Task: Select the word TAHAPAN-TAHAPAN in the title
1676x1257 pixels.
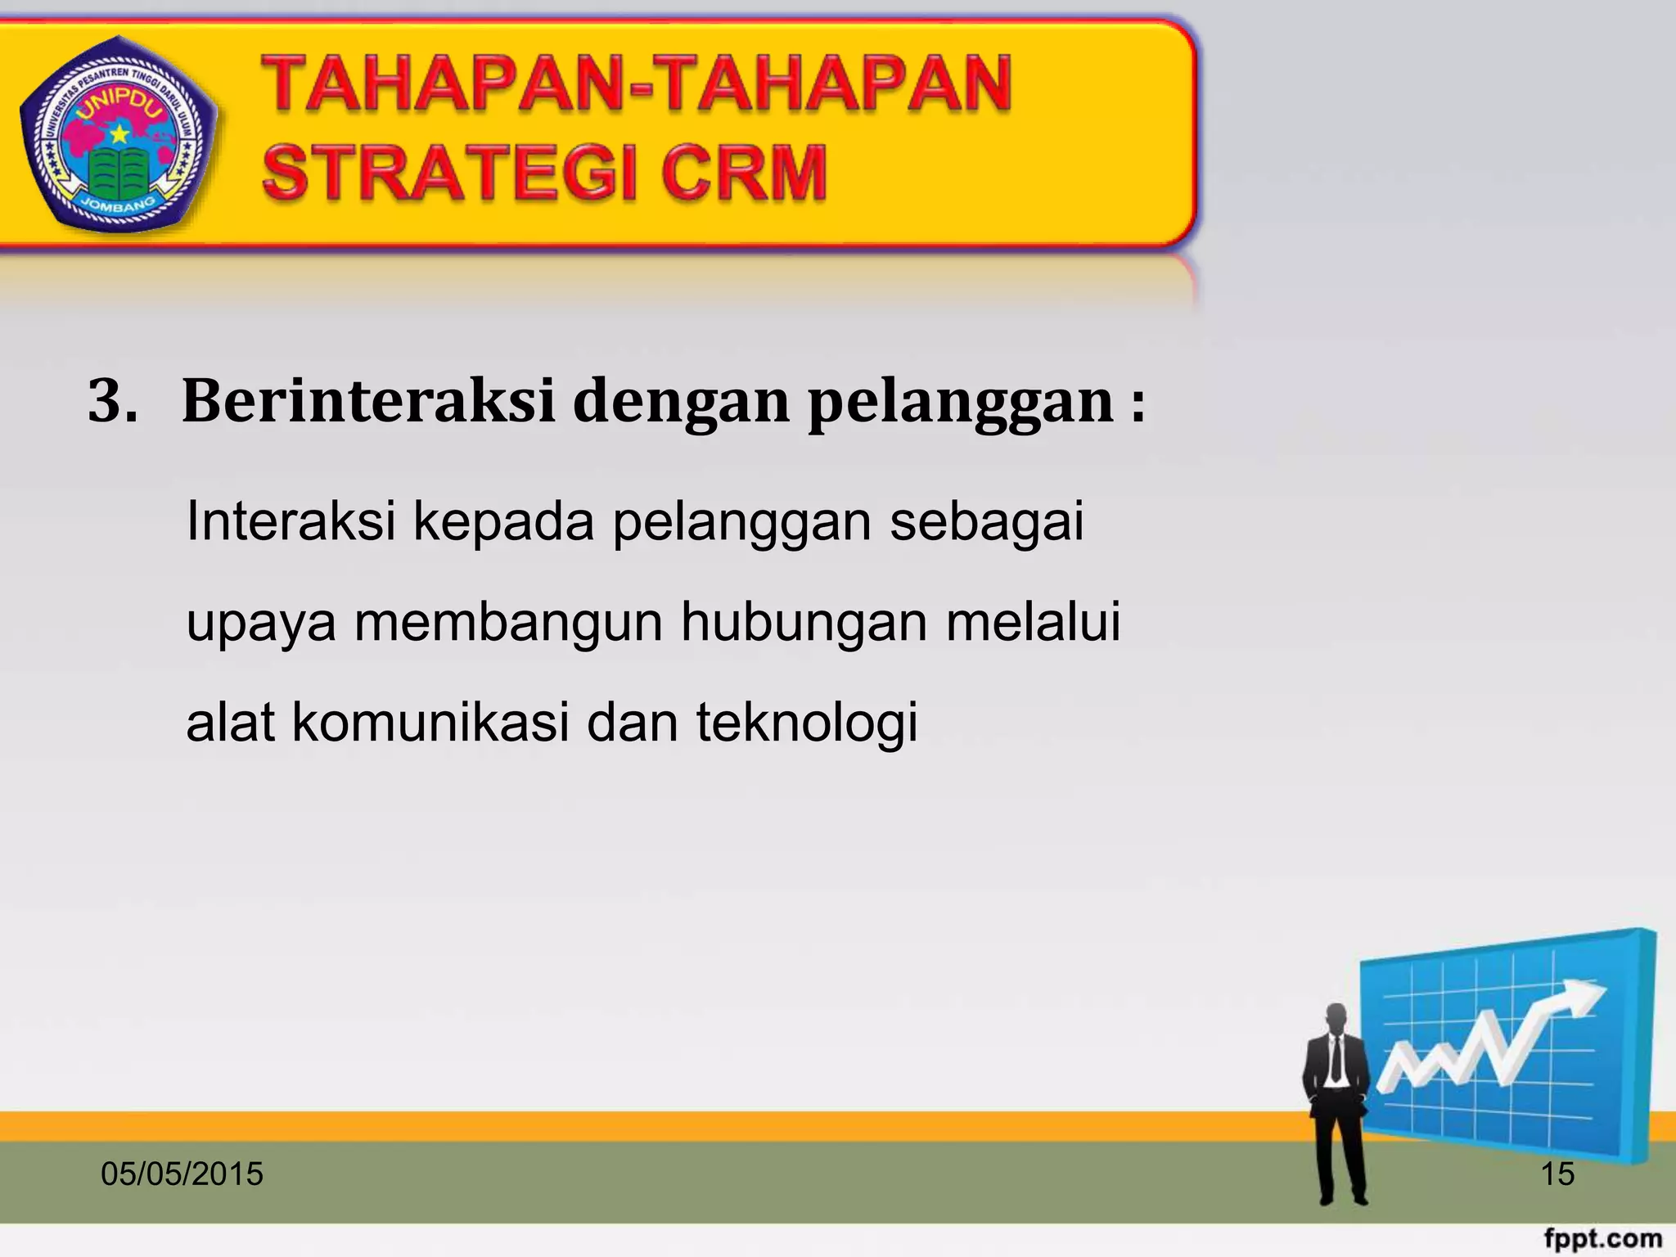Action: (637, 83)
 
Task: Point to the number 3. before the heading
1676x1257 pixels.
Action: (112, 401)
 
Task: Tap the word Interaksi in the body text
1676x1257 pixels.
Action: (291, 520)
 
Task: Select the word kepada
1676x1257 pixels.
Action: (503, 522)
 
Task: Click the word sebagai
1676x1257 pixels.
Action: (986, 522)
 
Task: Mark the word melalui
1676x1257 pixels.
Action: (1033, 622)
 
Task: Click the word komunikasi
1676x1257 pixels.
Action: (430, 723)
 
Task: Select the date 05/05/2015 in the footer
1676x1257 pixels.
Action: (182, 1174)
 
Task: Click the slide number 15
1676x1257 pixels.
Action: (1557, 1174)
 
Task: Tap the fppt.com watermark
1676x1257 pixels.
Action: (1603, 1238)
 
